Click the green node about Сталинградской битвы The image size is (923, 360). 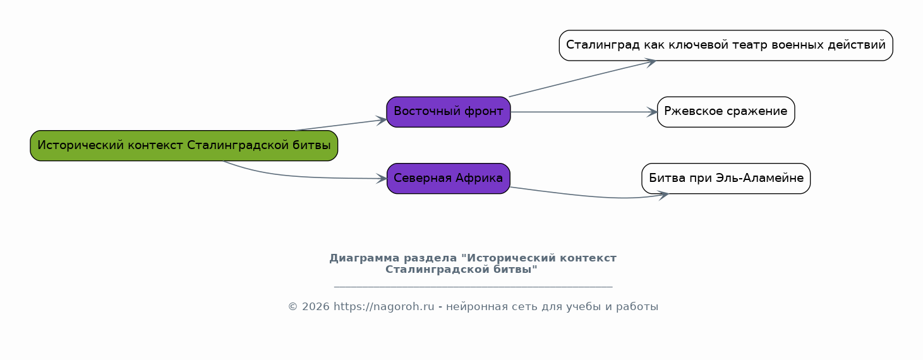[x=184, y=145]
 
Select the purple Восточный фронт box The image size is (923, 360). [x=449, y=112]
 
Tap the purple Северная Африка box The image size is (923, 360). [x=449, y=178]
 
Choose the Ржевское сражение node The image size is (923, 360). [x=726, y=112]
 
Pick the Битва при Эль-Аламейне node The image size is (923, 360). [x=726, y=178]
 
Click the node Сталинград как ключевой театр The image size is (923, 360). [x=726, y=45]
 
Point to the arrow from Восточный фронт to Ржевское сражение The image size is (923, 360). [x=584, y=112]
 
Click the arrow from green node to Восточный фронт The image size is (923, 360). [x=341, y=125]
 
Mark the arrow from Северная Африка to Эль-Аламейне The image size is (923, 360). [x=589, y=195]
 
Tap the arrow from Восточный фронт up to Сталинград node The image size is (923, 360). [x=582, y=79]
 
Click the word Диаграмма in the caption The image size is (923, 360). [x=365, y=258]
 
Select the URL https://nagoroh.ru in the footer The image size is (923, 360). [x=383, y=307]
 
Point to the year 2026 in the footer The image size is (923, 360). [x=316, y=307]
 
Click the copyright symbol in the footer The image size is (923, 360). [x=293, y=307]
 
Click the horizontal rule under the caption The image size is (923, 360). [x=473, y=286]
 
